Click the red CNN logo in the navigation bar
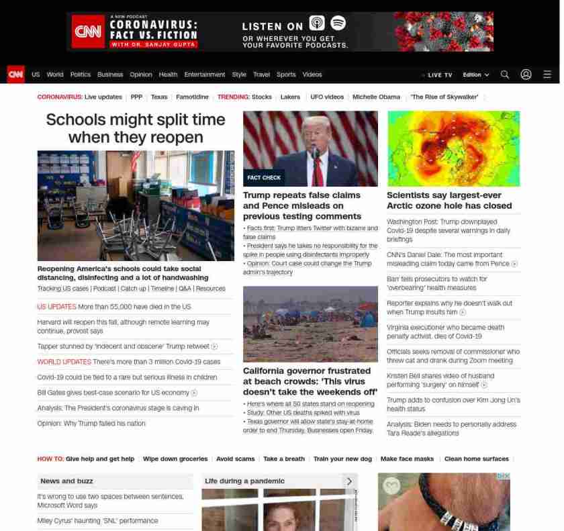(x=15, y=75)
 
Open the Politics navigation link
(x=80, y=75)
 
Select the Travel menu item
(x=261, y=75)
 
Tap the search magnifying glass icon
(x=505, y=75)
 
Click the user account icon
(x=526, y=75)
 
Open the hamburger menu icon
(x=547, y=75)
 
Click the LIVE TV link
(x=438, y=75)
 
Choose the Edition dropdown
(x=475, y=75)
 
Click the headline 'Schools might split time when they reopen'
(x=136, y=128)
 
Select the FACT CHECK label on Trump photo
(x=264, y=178)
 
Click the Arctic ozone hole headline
(x=449, y=200)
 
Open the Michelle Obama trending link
(x=376, y=97)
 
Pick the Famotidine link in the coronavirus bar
(x=192, y=97)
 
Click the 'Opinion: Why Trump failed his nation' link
(x=91, y=424)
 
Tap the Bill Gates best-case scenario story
(x=113, y=393)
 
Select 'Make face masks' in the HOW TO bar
(x=407, y=459)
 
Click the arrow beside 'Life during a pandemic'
(x=349, y=481)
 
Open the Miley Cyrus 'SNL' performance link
(x=97, y=521)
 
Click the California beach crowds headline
(x=310, y=381)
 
